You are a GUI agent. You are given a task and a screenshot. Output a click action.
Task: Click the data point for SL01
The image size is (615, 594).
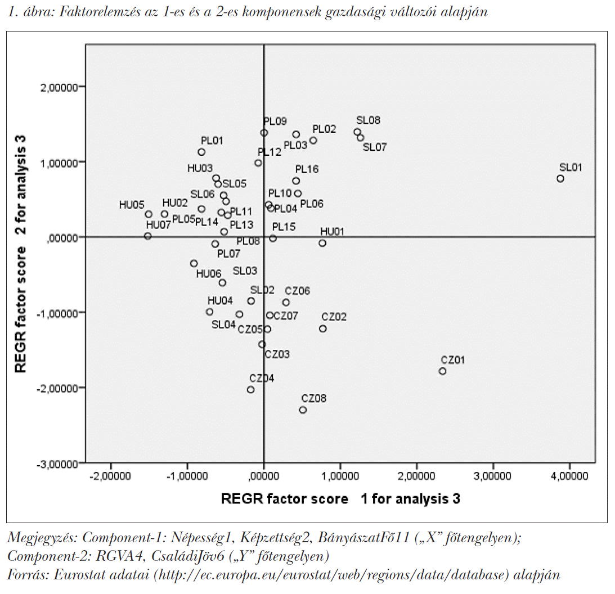[x=560, y=178]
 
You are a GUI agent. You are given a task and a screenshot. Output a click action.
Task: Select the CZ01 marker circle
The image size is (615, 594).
[x=442, y=371]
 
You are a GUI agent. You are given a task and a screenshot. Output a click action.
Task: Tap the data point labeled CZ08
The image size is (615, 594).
[x=303, y=410]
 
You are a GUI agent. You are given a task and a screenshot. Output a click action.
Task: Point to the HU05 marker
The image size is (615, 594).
[x=149, y=214]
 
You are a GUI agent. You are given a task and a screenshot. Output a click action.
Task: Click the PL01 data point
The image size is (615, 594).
[x=201, y=152]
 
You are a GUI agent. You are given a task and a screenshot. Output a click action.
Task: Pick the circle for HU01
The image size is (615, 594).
[x=322, y=243]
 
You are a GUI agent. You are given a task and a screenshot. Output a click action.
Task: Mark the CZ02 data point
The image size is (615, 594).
[x=323, y=328]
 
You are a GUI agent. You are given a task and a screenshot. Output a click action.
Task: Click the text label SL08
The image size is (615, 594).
[x=368, y=120]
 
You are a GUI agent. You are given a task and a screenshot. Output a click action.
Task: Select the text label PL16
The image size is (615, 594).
[x=307, y=169]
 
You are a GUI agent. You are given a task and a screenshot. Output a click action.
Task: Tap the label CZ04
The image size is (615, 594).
[x=262, y=378]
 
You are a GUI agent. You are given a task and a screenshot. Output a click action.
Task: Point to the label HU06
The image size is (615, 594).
[x=208, y=274]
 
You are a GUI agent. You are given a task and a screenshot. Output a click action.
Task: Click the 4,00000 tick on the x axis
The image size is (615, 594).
[x=569, y=476]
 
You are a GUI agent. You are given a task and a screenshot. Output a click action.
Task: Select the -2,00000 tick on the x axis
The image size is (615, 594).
[x=111, y=476]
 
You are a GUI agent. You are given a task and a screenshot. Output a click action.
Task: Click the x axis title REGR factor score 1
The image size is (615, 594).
[x=340, y=498]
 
